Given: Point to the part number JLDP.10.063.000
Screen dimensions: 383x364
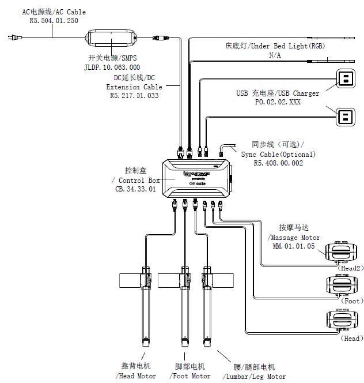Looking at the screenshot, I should click(x=112, y=66).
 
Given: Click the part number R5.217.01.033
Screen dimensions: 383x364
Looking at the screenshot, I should click(x=134, y=96).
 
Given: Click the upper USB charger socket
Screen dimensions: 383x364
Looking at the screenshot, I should click(x=346, y=78).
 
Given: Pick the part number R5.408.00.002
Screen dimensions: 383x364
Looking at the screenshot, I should click(x=278, y=163).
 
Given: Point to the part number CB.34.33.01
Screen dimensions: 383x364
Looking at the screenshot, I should click(x=136, y=189).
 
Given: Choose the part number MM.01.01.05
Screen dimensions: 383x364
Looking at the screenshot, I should click(x=294, y=246).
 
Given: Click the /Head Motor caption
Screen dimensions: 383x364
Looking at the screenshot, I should click(x=136, y=376).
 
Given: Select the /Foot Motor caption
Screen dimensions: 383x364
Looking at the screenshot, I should click(x=191, y=376).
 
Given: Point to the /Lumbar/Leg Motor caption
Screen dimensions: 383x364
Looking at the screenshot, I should click(x=256, y=376).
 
